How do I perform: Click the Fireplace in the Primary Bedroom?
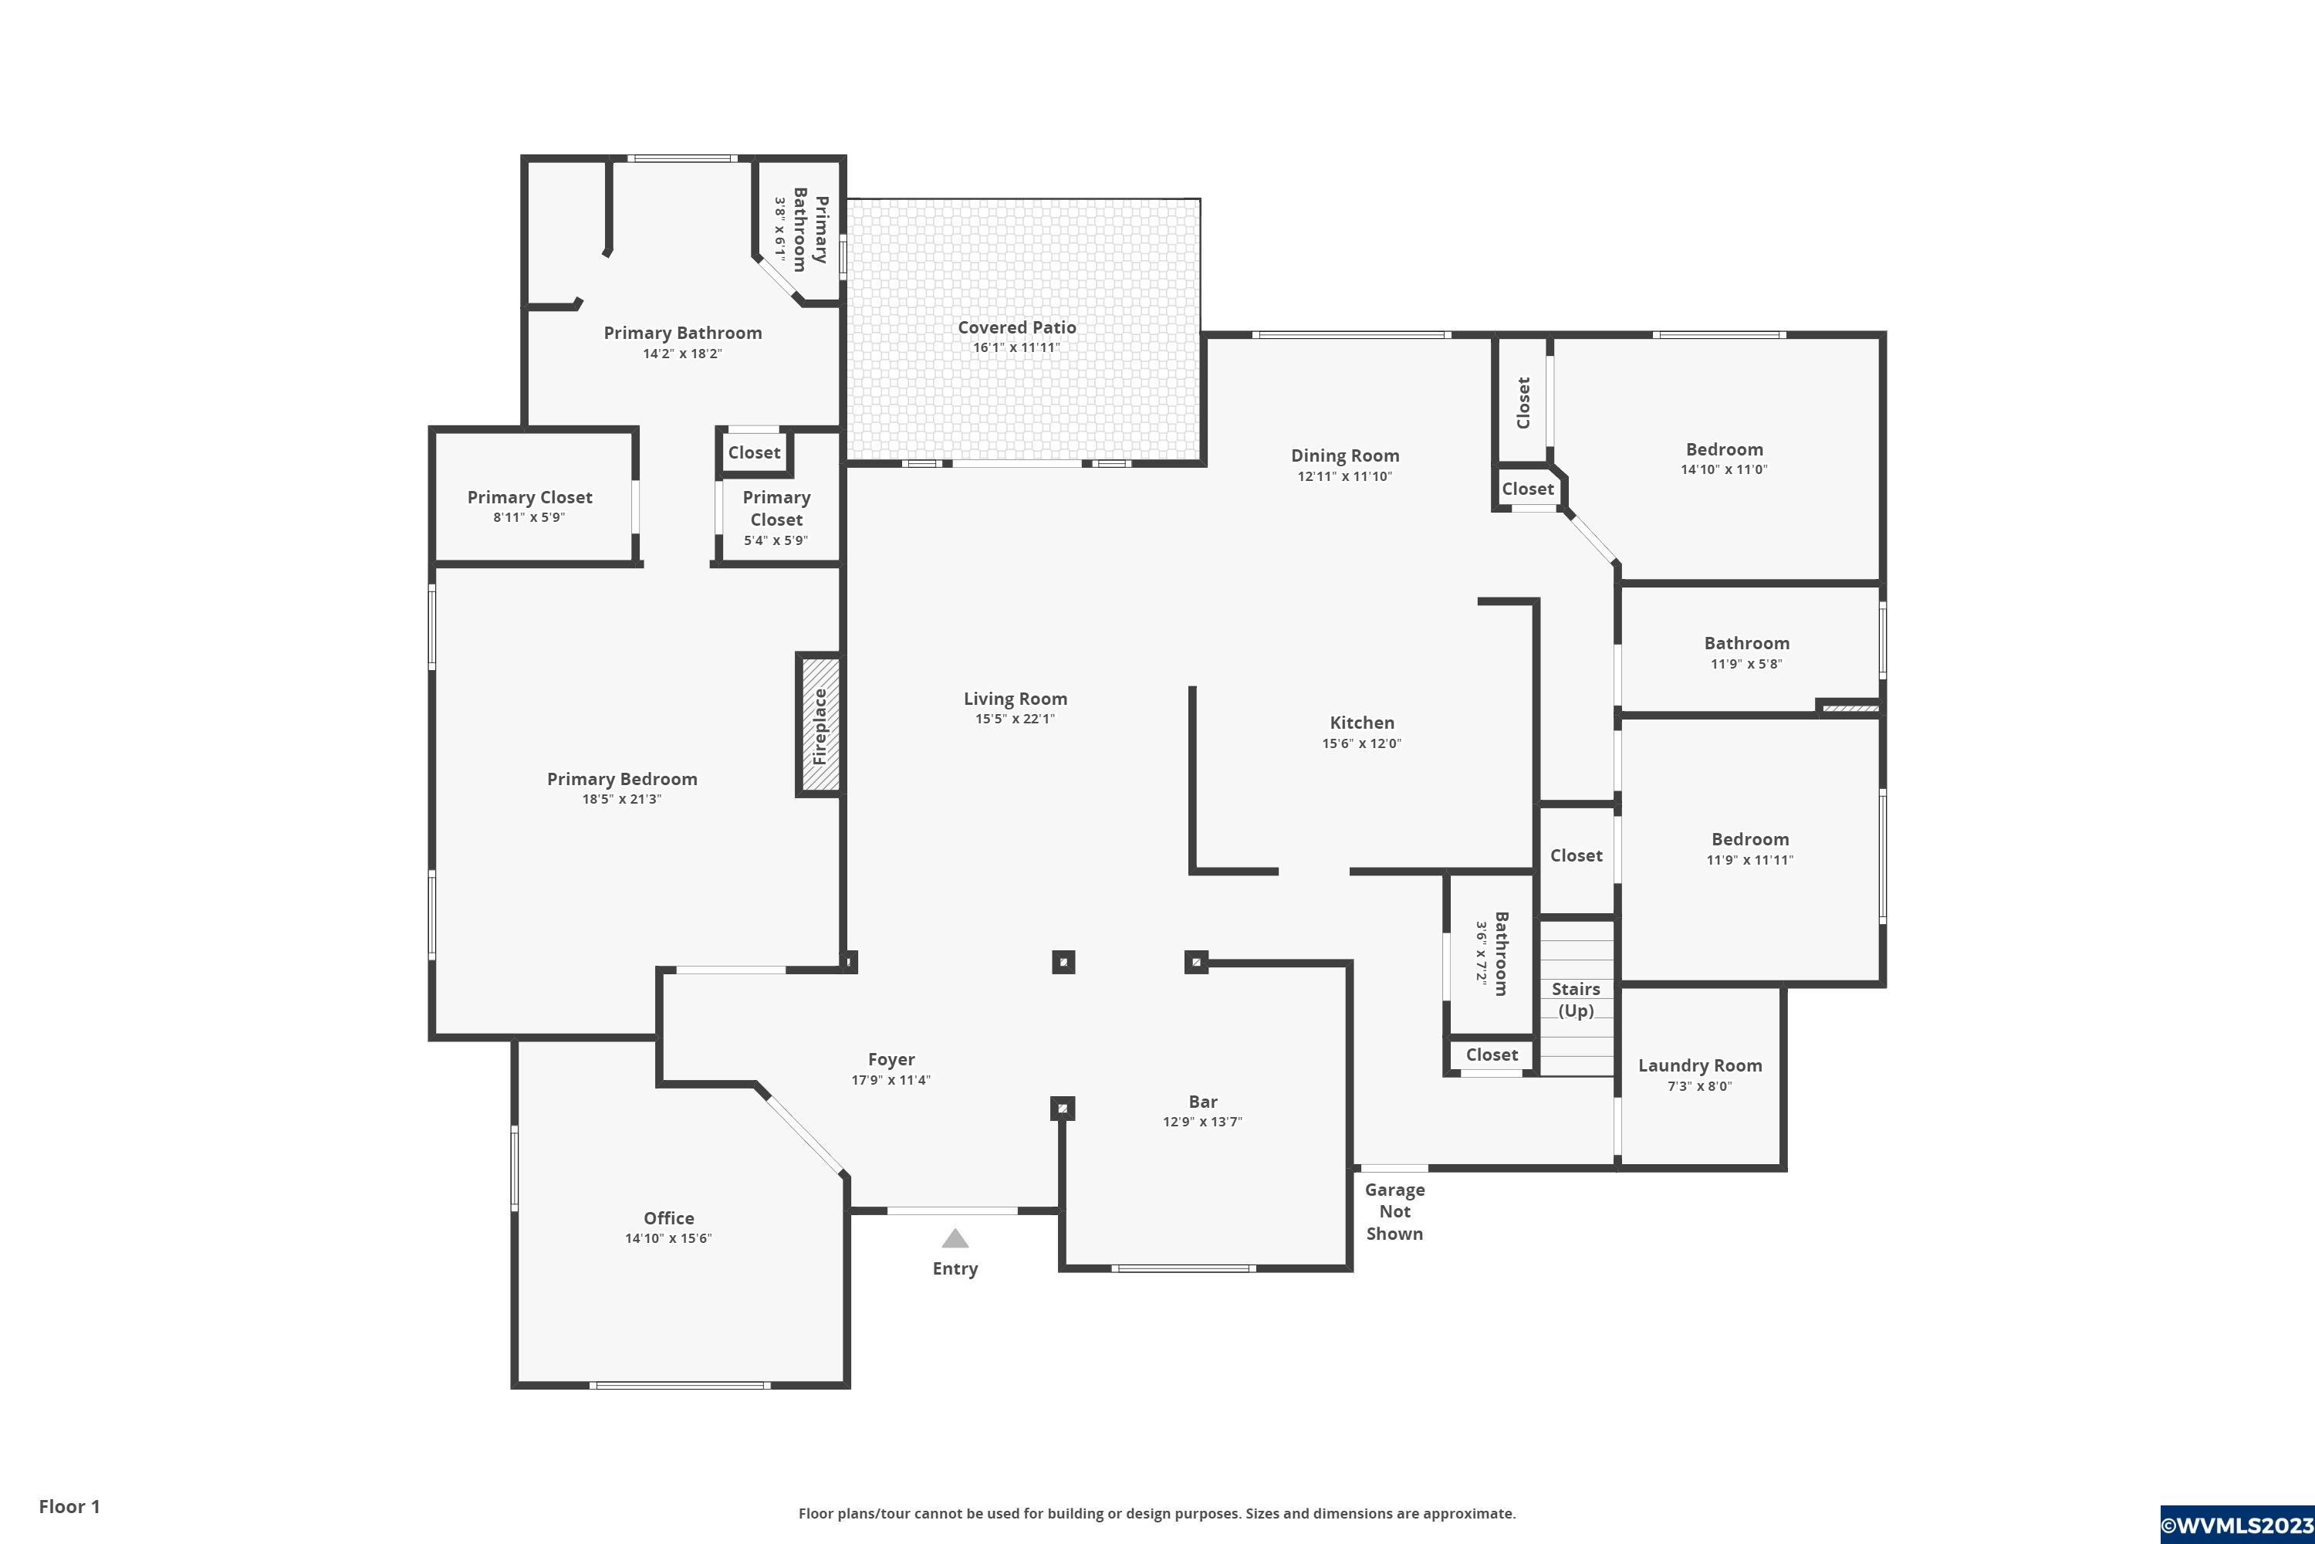coord(820,725)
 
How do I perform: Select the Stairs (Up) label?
coord(1576,1000)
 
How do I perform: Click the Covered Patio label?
coord(1017,327)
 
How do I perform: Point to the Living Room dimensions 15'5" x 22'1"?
coord(1015,719)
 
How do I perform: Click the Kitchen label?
coord(1362,723)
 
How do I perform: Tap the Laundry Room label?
coord(1700,1065)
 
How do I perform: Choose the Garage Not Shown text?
coord(1394,1211)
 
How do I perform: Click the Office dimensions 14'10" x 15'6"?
coord(668,1239)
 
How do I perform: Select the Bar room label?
coord(1203,1102)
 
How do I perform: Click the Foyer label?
coord(892,1059)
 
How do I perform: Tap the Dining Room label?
coord(1346,456)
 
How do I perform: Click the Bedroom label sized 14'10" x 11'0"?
coord(1725,450)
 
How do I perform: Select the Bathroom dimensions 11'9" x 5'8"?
coord(1747,664)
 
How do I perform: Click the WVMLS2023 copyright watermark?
coord(2236,1525)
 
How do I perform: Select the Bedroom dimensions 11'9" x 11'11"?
coord(1750,860)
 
